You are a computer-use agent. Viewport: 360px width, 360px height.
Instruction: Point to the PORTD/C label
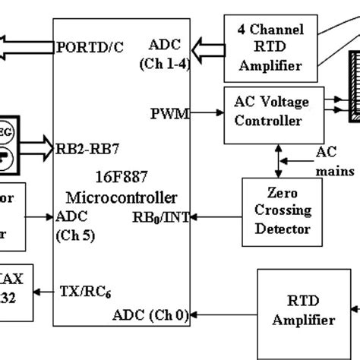tap(90, 47)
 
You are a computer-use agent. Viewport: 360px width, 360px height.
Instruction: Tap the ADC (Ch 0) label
tap(150, 314)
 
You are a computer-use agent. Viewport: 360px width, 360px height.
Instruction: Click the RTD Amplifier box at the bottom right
tap(298, 313)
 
